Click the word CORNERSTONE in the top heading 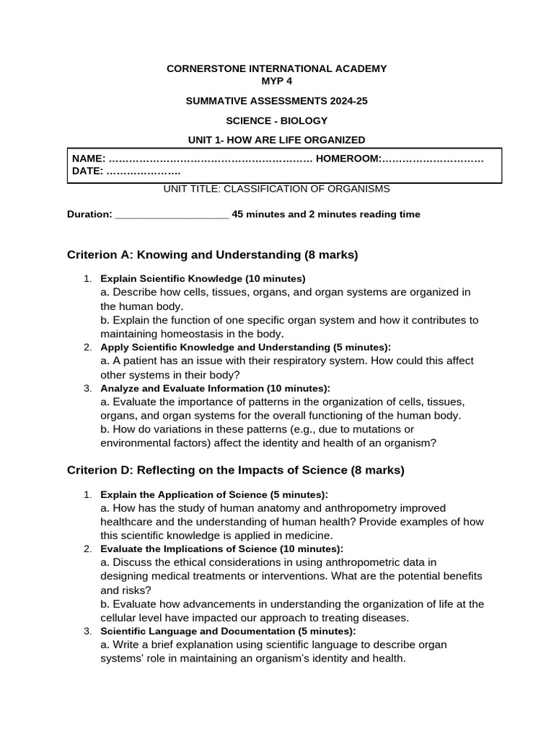point(203,68)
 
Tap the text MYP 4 point(276,81)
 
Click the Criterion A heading point(212,254)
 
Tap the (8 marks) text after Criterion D point(377,470)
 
